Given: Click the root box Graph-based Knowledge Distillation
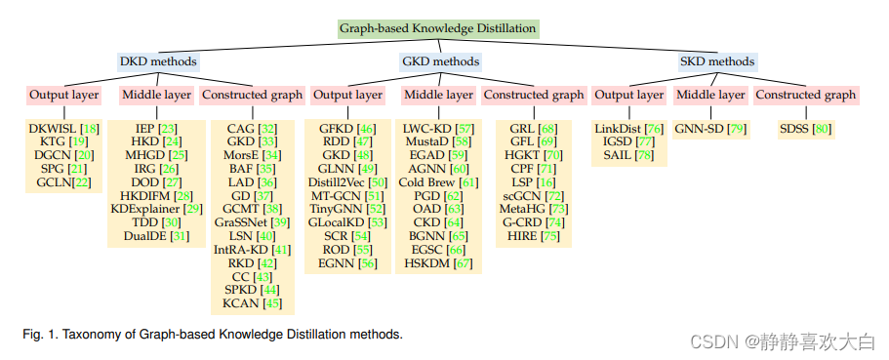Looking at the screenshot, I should (437, 28).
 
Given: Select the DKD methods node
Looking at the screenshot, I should (157, 61).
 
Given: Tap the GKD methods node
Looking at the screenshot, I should (440, 61).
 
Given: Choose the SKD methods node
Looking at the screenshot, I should (716, 61).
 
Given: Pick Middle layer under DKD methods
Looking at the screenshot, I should (155, 95).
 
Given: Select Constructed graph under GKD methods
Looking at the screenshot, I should (534, 95).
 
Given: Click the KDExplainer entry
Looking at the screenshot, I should (145, 209).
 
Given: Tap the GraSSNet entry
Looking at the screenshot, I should (242, 222).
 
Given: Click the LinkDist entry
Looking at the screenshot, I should (618, 129).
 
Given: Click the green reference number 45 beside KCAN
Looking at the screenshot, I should (272, 304).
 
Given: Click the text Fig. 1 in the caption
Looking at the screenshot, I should (36, 335).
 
